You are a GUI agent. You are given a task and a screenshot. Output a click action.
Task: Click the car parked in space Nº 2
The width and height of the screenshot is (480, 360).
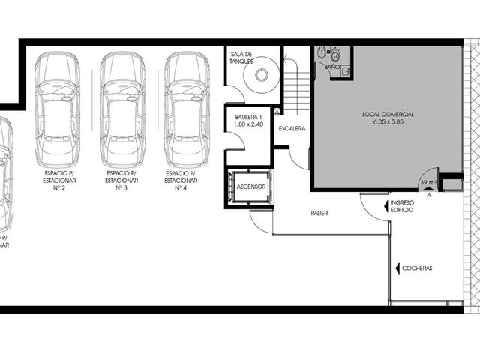coord(58,109)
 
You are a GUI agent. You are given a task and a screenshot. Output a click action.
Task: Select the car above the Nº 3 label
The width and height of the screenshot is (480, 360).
coord(122,109)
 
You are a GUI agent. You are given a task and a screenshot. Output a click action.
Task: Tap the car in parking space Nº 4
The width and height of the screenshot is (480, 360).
coord(187,109)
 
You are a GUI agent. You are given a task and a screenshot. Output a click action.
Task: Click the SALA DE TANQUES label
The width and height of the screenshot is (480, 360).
coord(241,58)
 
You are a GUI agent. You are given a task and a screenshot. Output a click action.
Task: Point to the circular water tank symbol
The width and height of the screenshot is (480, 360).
coord(262,75)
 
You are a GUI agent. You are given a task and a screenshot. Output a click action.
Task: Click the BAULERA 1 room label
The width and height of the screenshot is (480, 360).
coord(248,117)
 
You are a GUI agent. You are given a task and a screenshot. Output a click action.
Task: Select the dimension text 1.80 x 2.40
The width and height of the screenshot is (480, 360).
coord(248,124)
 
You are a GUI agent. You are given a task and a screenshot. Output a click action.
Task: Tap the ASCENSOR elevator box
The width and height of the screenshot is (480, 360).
coord(250,187)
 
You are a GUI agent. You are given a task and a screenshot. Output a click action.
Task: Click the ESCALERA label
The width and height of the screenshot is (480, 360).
coord(292,128)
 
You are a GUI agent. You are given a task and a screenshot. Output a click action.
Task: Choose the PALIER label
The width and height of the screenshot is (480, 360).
coord(319,213)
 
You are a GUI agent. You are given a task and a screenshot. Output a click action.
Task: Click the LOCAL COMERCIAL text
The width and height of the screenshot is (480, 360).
coord(388,115)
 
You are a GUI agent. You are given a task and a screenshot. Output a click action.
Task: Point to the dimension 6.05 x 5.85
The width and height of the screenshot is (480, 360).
coord(388,121)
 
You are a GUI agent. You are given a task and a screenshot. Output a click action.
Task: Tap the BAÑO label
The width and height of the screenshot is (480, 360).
coord(331,67)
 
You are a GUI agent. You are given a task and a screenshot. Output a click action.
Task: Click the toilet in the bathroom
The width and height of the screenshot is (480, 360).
coord(335,56)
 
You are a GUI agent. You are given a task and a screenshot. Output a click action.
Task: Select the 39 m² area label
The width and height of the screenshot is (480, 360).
coord(428,183)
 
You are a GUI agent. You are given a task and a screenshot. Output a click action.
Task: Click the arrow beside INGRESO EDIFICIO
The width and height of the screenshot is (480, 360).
coord(386,206)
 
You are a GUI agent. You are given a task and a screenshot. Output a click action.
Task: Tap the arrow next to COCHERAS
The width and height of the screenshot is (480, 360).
coord(397,268)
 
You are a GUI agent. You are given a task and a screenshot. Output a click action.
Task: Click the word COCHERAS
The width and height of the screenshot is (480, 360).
coord(417,268)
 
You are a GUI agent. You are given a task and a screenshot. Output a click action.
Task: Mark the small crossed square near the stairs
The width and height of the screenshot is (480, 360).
coord(277,111)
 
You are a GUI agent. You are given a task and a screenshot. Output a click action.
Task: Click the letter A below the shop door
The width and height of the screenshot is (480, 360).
coord(429,195)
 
